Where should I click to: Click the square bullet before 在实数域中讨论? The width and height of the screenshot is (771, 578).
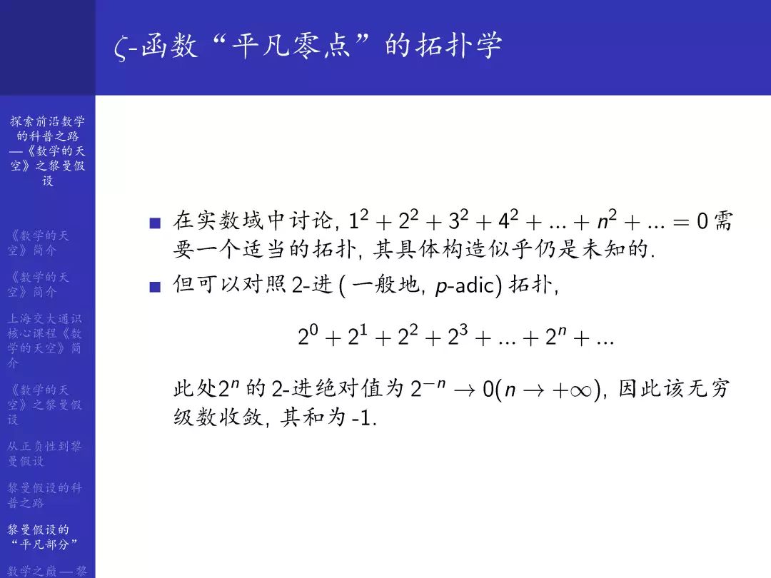[x=155, y=224]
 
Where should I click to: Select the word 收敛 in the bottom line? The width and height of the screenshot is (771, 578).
[x=239, y=417]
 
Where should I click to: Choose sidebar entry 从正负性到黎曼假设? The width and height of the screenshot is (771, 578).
[x=45, y=453]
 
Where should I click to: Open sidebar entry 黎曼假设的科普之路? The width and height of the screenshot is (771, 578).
[x=45, y=495]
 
